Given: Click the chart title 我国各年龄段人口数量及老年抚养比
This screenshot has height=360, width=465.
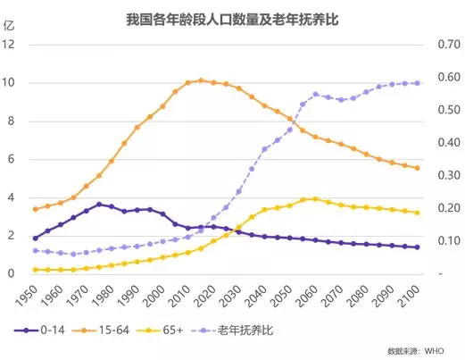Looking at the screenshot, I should (x=232, y=16).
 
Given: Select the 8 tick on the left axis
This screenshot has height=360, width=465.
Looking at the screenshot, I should (x=12, y=121).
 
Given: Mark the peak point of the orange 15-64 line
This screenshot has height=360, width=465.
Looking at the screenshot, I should (x=201, y=80).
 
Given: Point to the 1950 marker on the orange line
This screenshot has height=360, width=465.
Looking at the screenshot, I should (x=35, y=209).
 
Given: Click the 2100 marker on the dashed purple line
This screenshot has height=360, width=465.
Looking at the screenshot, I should (x=417, y=83).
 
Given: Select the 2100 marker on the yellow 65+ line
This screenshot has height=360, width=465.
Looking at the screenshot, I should (x=417, y=213).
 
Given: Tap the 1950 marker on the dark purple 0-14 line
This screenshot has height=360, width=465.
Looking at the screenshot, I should (x=35, y=239).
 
